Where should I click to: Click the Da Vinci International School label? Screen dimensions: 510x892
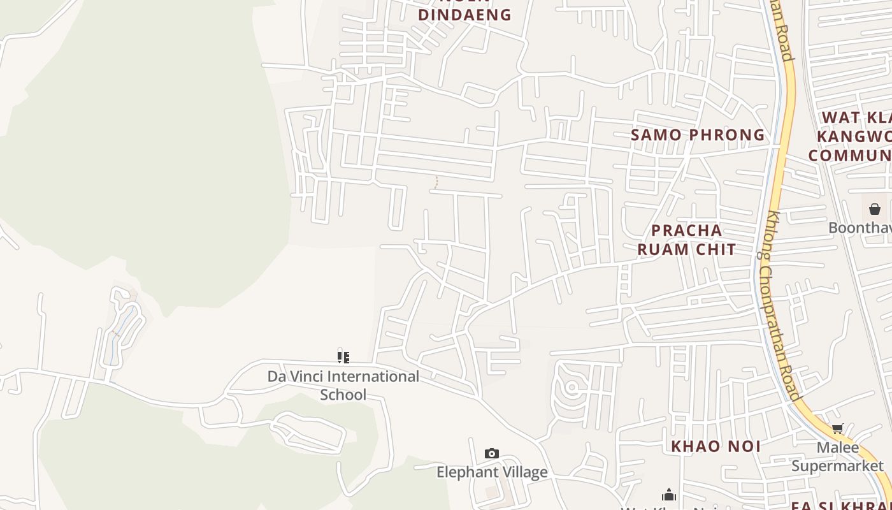343,385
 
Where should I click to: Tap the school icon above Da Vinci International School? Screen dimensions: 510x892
343,357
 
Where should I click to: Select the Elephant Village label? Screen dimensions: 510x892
491,472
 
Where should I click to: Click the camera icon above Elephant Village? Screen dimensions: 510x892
491,453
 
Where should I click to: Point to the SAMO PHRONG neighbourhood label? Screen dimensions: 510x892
698,135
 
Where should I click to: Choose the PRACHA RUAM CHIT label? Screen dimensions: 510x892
687,240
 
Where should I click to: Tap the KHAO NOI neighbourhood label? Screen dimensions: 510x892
716,446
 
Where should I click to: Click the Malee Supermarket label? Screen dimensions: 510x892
837,456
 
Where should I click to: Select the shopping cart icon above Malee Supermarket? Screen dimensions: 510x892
837,429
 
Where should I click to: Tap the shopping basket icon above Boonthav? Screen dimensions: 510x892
875,209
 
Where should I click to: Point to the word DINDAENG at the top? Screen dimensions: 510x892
465,15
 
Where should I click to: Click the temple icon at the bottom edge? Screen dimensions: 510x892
668,495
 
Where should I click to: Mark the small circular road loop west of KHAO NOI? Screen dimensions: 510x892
572,386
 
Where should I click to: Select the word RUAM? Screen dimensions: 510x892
663,249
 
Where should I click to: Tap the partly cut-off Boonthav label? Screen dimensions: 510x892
860,228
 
